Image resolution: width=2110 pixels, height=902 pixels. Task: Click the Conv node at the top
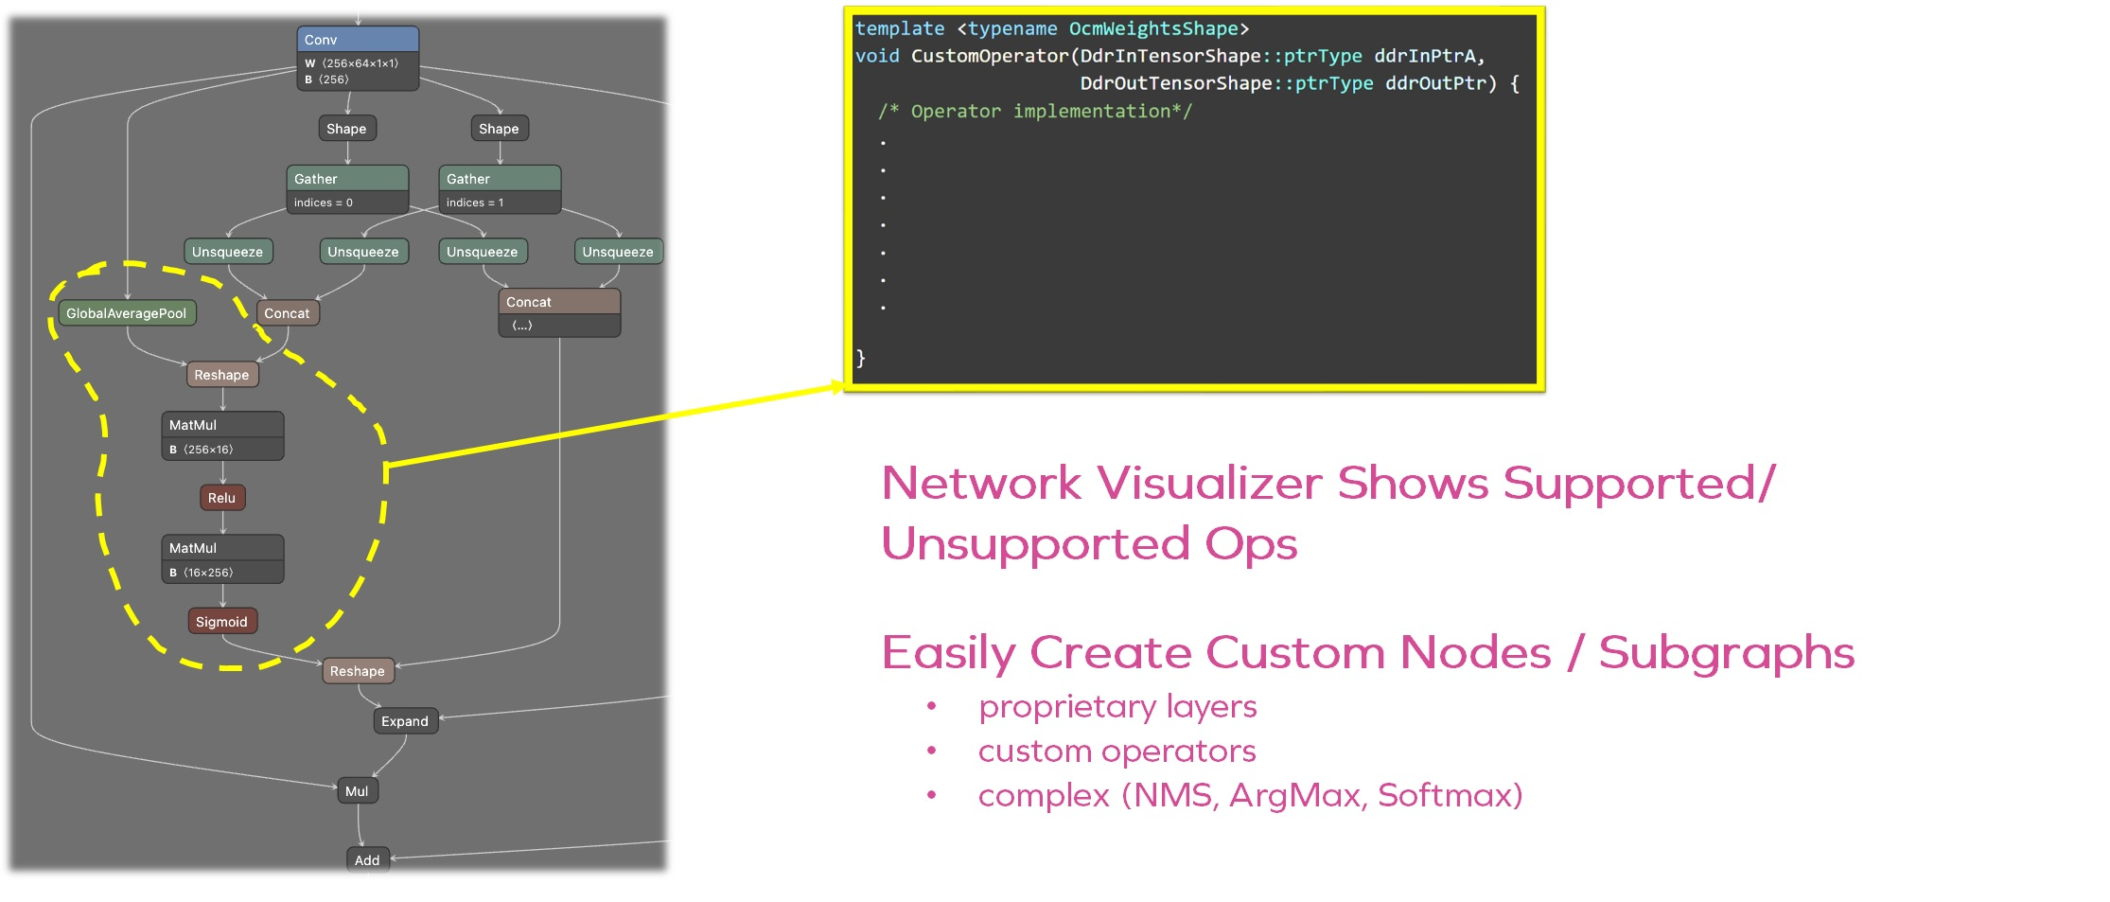tap(357, 41)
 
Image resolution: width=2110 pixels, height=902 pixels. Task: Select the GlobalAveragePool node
tap(127, 313)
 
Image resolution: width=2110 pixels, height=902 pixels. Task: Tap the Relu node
tap(222, 498)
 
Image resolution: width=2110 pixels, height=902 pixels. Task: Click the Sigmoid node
tap(222, 622)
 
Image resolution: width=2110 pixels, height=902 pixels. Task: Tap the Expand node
tap(405, 721)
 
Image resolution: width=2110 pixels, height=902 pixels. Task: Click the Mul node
tap(357, 791)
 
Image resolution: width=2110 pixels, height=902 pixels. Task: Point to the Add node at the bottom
tap(367, 860)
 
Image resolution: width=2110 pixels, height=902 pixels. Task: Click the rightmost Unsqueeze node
tap(618, 252)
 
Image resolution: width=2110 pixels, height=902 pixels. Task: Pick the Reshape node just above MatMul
tap(222, 375)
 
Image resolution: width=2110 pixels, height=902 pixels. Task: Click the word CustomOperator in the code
tap(989, 56)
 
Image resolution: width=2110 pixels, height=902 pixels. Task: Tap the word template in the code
tap(899, 29)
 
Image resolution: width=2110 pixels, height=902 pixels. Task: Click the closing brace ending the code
tap(860, 358)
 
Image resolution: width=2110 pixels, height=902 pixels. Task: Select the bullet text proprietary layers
tap(1117, 707)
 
